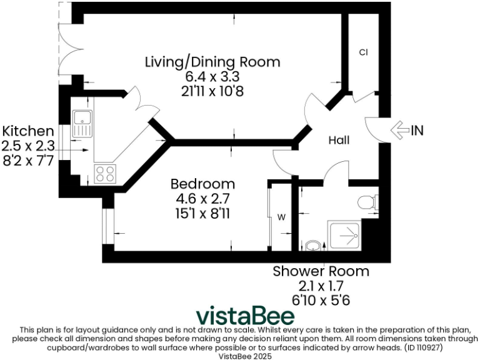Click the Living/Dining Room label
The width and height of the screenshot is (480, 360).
coord(212,62)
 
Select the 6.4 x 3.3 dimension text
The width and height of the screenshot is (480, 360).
coord(212,76)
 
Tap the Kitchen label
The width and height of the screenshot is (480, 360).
coord(28,131)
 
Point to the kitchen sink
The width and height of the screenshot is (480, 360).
coord(82,123)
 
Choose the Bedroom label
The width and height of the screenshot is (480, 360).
coord(203,184)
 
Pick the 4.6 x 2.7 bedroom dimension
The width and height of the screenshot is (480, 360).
coord(203,198)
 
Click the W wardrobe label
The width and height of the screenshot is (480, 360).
coord(281,217)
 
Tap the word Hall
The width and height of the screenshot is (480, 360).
coord(339,141)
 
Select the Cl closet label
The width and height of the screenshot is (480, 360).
coord(363,52)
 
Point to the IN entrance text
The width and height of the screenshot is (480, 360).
coord(417,130)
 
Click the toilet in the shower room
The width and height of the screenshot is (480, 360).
coord(367,202)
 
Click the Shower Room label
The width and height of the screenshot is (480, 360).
coord(321,272)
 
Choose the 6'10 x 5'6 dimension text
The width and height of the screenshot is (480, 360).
coord(321,299)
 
